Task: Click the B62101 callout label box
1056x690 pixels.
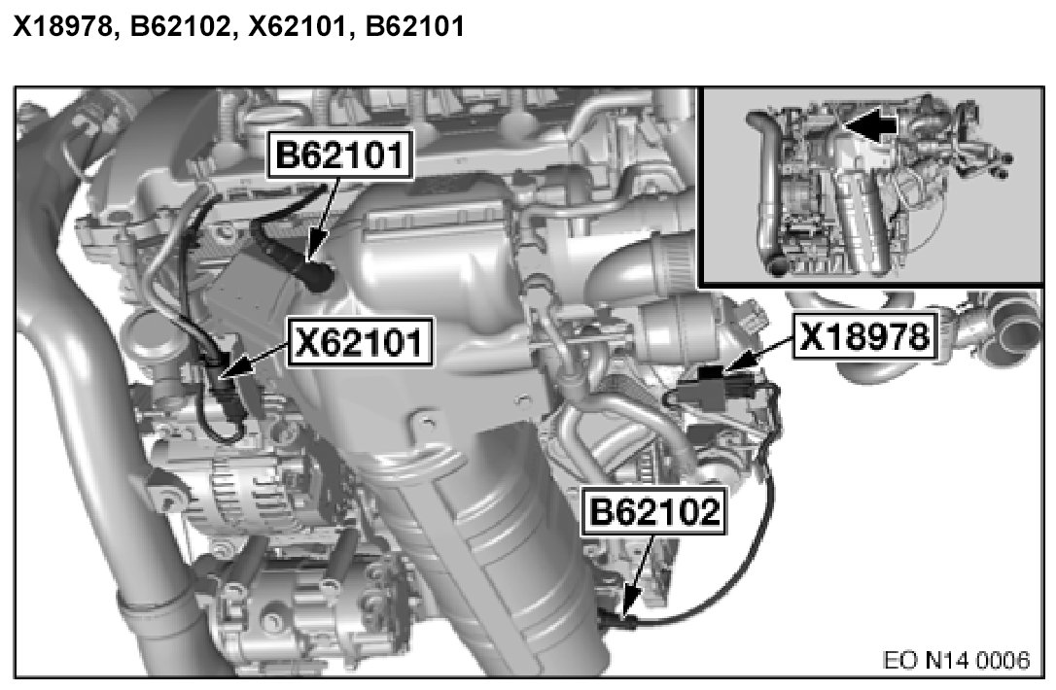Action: click(340, 155)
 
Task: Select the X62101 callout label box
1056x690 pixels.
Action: click(360, 343)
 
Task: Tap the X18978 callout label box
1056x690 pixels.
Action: click(865, 335)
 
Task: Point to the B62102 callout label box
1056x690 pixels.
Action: click(654, 511)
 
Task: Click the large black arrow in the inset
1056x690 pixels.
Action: click(871, 124)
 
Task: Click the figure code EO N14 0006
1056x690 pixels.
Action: click(956, 660)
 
